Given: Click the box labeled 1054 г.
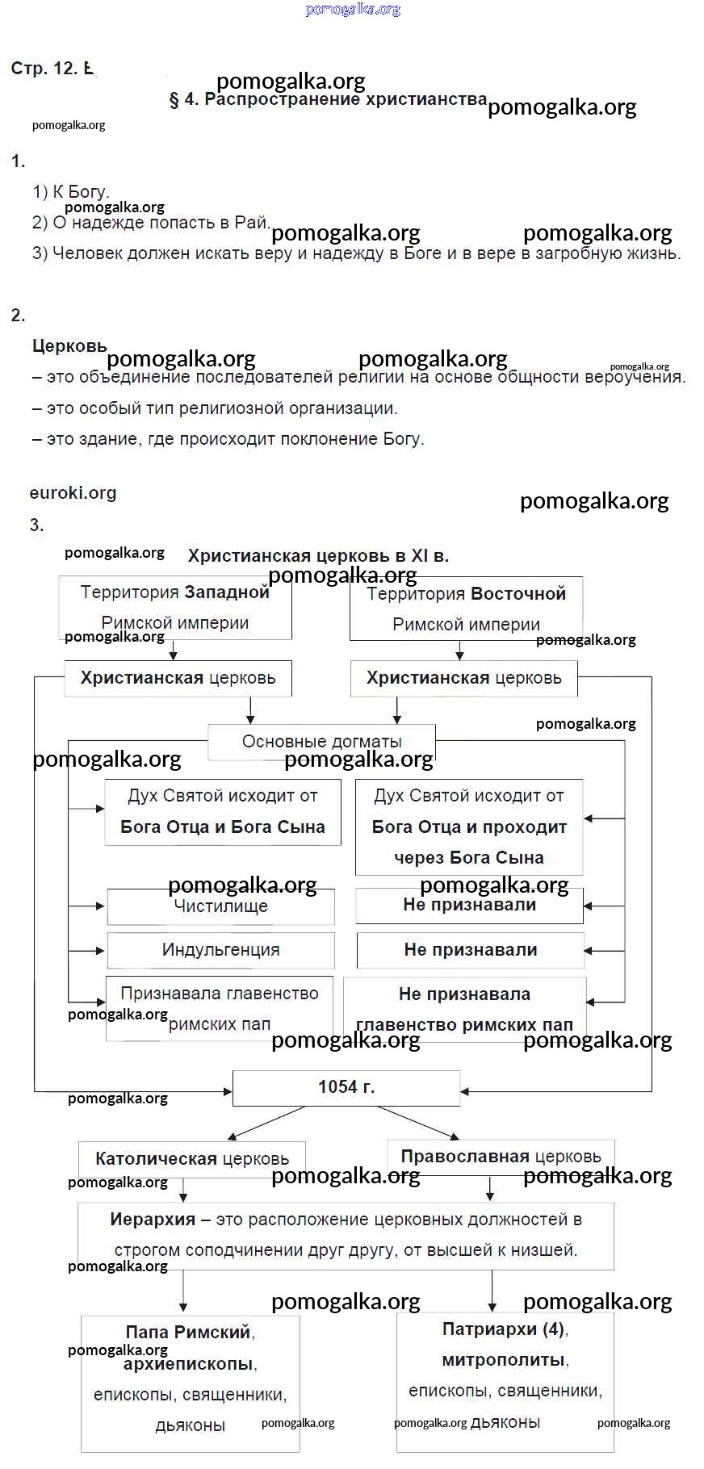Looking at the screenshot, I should (346, 1087).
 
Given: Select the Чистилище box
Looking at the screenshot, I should (220, 907).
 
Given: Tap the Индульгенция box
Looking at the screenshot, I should (220, 950).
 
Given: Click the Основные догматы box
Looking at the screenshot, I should (321, 742).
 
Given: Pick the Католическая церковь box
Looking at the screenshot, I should (191, 1159).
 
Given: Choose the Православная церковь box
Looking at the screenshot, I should (501, 1157).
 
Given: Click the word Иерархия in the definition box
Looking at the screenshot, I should (153, 1220).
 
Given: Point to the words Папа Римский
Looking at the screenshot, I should (187, 1333).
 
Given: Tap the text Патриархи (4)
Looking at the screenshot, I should (502, 1329).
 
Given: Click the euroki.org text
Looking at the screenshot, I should (73, 493).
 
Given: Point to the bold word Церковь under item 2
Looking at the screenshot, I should (69, 346).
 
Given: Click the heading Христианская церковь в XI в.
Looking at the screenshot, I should (318, 556).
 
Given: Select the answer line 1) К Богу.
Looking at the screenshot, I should (71, 192).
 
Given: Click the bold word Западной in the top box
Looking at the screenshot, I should (226, 592).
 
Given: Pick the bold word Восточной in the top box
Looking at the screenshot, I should (518, 594).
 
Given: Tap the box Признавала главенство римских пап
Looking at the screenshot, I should (220, 1009).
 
